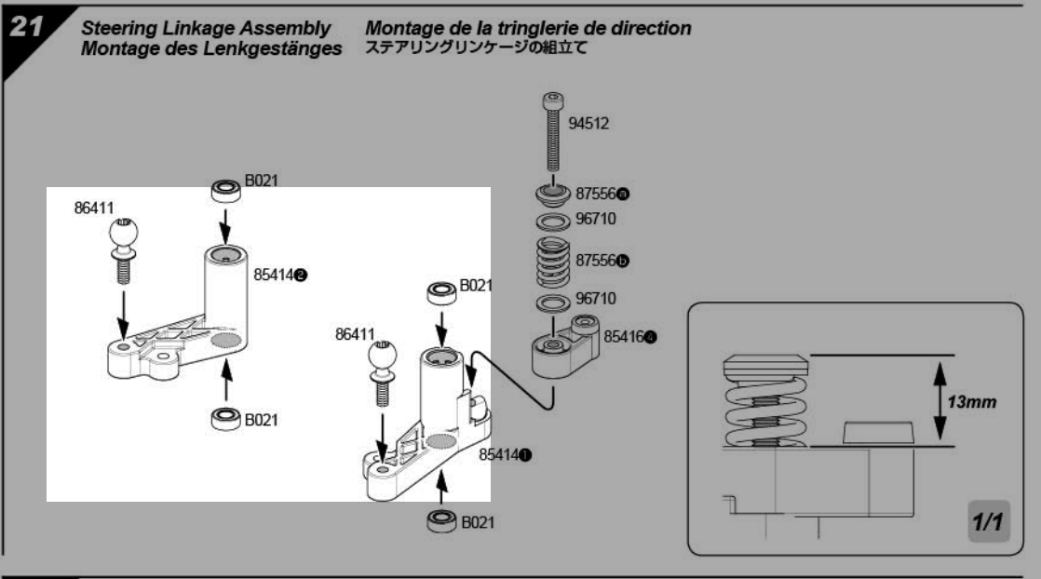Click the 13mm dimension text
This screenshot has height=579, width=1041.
tap(972, 403)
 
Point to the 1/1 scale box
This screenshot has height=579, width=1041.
tap(986, 522)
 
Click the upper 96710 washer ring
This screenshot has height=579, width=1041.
tap(553, 222)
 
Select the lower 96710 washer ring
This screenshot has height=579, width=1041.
tap(553, 303)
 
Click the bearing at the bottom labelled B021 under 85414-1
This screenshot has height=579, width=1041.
tap(442, 521)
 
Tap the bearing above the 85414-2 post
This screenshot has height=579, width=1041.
tap(225, 191)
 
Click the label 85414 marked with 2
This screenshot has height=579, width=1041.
tap(280, 276)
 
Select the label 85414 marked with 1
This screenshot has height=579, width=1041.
tap(506, 454)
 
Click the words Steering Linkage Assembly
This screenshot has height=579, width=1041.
tap(204, 29)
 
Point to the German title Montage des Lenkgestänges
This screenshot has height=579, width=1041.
tap(211, 48)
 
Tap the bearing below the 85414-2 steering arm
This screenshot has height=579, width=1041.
tap(225, 416)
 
